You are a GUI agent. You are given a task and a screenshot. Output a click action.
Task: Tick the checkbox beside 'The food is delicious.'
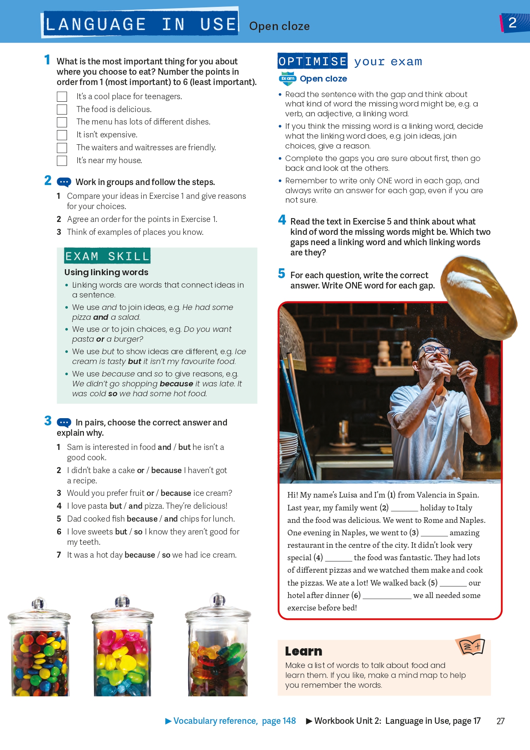tap(62, 109)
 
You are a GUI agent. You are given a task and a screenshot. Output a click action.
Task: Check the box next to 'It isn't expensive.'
tap(62, 135)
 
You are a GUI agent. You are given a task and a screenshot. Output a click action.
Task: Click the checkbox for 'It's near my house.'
tap(62, 161)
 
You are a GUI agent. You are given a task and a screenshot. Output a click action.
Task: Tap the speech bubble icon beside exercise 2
tap(64, 182)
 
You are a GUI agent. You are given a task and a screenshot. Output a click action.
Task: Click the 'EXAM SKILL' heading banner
tap(107, 256)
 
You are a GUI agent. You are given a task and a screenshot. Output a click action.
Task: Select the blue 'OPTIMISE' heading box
tap(313, 61)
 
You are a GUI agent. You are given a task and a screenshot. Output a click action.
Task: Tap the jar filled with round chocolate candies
tap(40, 648)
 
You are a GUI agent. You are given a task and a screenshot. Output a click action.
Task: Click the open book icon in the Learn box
tap(471, 645)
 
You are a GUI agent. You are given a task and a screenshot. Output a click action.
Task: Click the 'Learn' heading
tap(304, 651)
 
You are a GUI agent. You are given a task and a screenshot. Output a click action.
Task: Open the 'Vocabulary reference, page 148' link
tap(231, 721)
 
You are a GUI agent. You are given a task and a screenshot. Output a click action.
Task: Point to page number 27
tap(500, 721)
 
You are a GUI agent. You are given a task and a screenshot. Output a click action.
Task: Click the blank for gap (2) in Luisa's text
tap(404, 510)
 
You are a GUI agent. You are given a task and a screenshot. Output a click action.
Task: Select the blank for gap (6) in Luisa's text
tap(387, 598)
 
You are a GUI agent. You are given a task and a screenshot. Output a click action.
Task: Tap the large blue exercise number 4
tap(282, 220)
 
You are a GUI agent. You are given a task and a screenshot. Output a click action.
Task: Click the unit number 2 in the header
tap(512, 23)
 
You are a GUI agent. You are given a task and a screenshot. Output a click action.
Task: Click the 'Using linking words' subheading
tap(106, 272)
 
